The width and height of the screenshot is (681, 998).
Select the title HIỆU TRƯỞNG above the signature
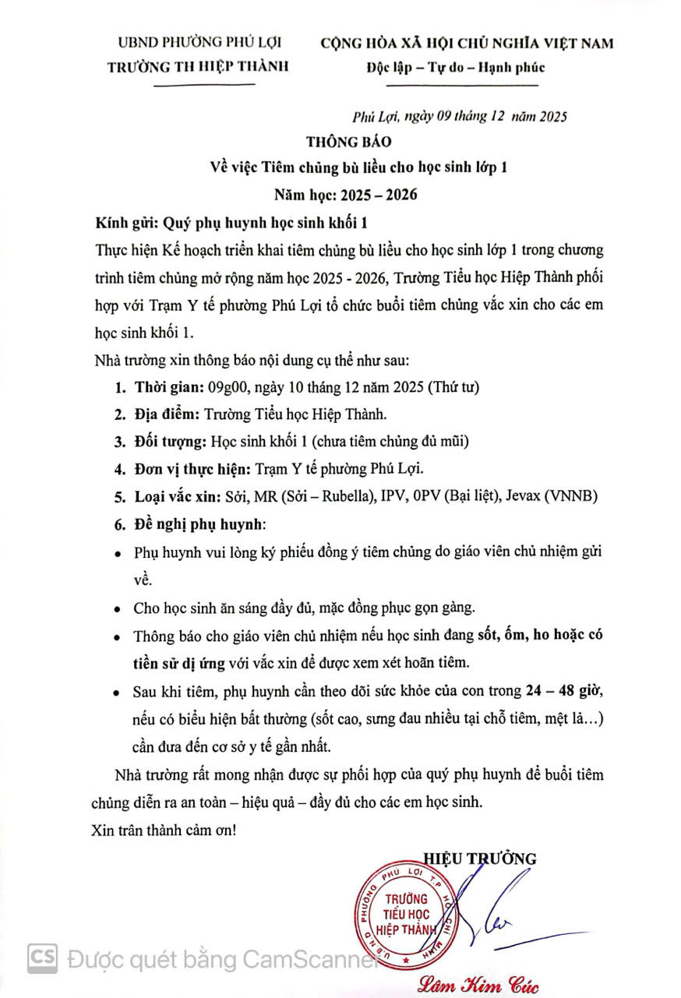480,859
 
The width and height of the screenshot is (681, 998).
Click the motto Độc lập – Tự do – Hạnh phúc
456,66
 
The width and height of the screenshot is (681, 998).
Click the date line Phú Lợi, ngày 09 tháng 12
460,117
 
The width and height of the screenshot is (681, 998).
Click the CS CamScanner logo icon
42,957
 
